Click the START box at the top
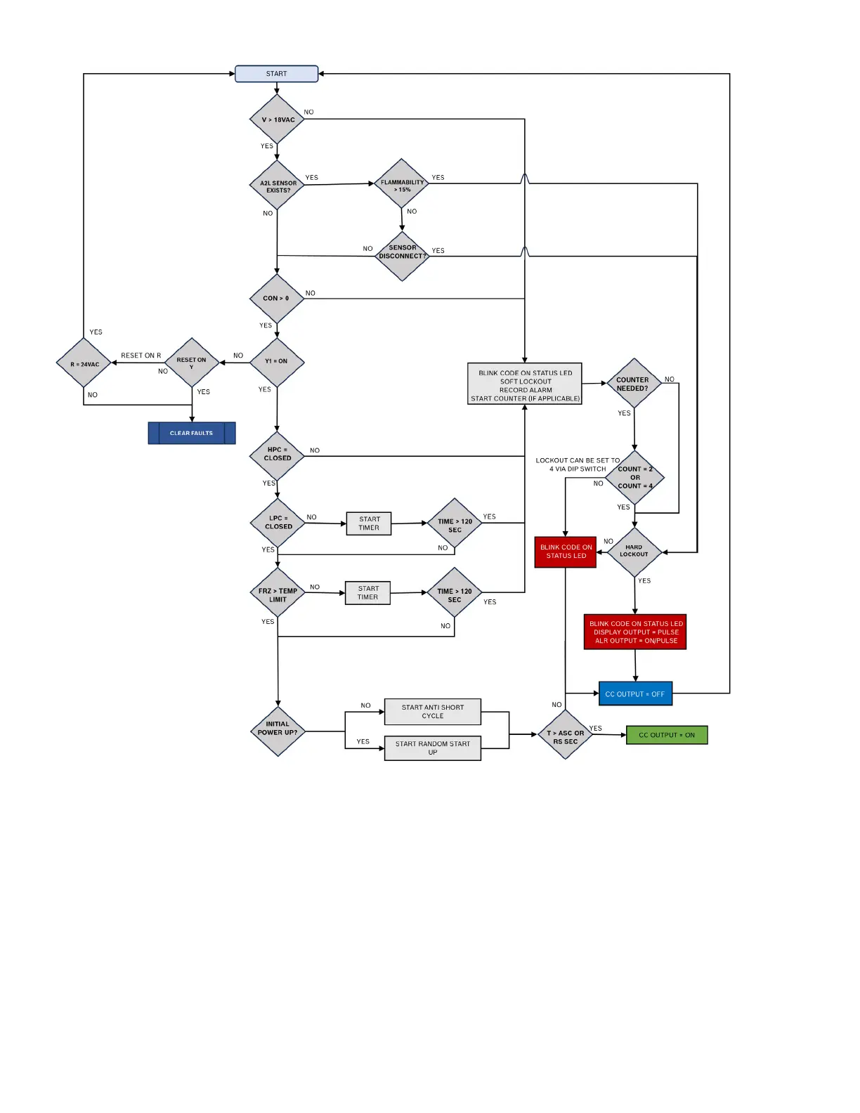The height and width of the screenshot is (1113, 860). click(x=276, y=74)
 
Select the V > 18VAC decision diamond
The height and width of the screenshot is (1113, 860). click(x=278, y=119)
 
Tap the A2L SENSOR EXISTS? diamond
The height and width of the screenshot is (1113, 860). click(x=278, y=186)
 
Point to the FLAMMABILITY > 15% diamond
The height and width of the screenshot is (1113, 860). click(x=402, y=185)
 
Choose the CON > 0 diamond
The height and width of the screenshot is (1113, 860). click(x=277, y=298)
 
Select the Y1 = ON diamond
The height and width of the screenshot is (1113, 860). click(x=277, y=362)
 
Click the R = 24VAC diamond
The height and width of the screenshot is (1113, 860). click(x=84, y=364)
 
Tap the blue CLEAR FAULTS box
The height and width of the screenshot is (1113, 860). click(x=192, y=433)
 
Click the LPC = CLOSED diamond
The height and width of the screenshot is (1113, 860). click(x=278, y=523)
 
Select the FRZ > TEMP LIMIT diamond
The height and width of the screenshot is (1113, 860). click(x=278, y=594)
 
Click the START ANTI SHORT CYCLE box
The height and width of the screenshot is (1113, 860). click(x=433, y=712)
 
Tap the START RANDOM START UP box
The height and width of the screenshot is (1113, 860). click(x=433, y=748)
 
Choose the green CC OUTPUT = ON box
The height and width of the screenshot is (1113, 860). click(x=667, y=735)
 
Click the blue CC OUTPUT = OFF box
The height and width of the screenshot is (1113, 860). click(x=635, y=694)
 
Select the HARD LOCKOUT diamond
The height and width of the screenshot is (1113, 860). click(x=634, y=552)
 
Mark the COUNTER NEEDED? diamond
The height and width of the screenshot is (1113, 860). click(x=634, y=384)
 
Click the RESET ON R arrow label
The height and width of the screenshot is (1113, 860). click(x=141, y=356)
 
